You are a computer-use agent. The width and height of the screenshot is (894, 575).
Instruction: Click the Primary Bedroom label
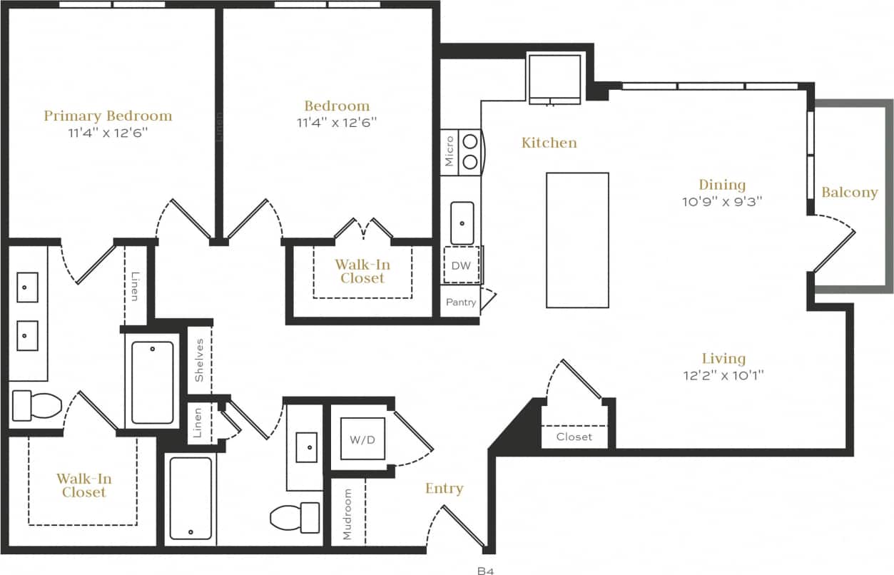click(108, 116)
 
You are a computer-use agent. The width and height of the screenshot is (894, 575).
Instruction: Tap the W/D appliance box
click(362, 439)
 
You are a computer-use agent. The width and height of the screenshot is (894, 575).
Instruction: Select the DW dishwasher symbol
click(460, 265)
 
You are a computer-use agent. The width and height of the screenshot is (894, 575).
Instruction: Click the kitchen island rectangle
click(577, 240)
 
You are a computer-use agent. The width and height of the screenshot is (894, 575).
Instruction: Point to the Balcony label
click(849, 193)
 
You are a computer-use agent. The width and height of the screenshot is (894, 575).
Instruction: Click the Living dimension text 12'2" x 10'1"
click(723, 375)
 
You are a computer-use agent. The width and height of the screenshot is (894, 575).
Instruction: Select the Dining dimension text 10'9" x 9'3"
click(722, 201)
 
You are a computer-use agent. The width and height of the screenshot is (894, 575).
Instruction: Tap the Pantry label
click(461, 302)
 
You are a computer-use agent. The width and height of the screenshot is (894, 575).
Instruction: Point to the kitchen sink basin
click(462, 223)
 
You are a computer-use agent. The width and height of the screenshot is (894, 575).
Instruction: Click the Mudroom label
click(347, 514)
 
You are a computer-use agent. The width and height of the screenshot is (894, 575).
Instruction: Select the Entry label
click(444, 489)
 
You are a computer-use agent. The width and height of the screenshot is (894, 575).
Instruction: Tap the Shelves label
click(200, 360)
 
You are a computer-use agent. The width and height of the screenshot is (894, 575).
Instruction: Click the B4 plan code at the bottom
click(485, 571)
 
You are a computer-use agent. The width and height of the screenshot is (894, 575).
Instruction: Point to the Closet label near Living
click(574, 437)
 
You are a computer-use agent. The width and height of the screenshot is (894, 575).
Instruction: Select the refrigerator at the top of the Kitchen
click(554, 77)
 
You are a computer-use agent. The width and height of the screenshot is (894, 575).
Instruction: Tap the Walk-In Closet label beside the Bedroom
click(362, 271)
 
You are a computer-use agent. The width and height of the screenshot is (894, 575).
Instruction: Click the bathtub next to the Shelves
click(152, 382)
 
